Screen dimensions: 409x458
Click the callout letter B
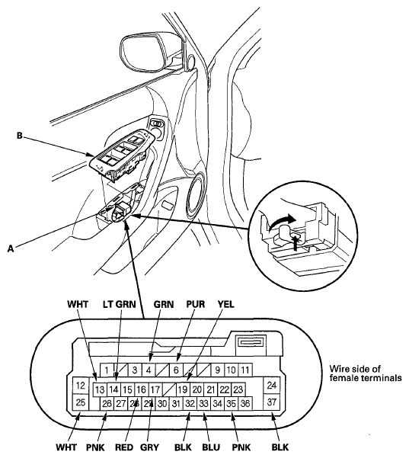(20, 136)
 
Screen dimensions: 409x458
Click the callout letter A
(11, 248)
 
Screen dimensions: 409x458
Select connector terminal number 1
(107, 370)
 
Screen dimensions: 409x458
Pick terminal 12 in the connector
(80, 386)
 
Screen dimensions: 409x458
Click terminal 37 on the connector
(271, 402)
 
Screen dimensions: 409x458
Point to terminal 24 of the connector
(271, 386)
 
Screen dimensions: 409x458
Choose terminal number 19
(183, 389)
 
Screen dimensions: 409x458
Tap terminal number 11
(245, 370)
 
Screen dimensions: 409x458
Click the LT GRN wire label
(120, 304)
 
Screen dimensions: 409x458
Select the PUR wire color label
(196, 304)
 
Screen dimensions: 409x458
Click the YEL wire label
(226, 304)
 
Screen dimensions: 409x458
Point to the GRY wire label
(149, 447)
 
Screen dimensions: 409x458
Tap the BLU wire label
(211, 447)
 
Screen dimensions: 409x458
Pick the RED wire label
(124, 447)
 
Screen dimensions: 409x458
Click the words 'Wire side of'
(355, 369)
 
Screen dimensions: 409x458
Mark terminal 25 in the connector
(80, 402)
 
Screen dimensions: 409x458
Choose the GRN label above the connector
(164, 304)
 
